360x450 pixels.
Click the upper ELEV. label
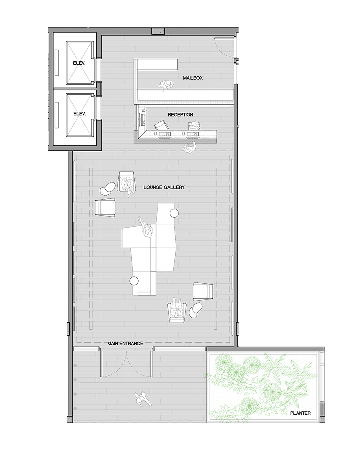79,63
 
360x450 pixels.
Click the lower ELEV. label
79,114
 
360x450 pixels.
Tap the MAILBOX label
193,78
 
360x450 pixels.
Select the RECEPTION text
180,115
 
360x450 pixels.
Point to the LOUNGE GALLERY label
164,187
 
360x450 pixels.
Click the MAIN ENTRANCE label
125,343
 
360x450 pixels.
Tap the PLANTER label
300,413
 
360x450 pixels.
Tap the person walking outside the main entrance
141,398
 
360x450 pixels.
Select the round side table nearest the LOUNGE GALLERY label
174,213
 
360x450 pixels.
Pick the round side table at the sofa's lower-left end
134,281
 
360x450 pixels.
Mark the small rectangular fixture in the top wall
158,31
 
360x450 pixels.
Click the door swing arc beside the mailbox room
222,47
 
